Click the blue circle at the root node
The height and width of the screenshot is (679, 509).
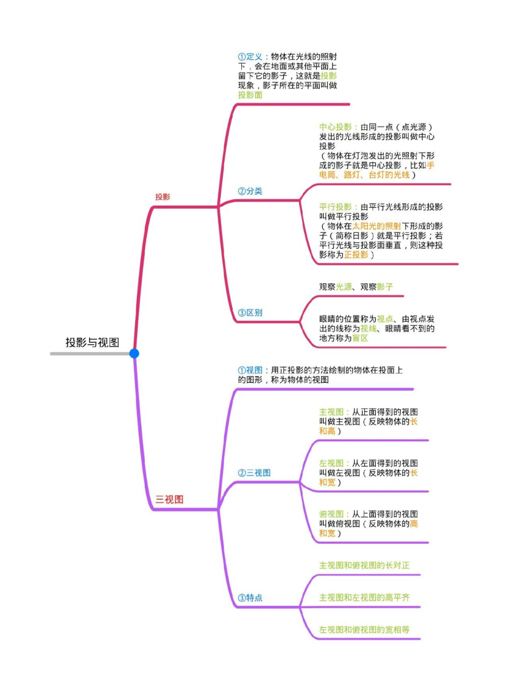(x=134, y=353)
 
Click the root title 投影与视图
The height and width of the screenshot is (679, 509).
(x=92, y=342)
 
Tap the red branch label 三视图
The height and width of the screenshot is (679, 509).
(x=169, y=499)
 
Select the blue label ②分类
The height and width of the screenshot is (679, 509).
(x=250, y=191)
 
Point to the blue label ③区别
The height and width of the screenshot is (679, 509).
(x=250, y=312)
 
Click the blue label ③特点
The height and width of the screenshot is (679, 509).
(x=250, y=598)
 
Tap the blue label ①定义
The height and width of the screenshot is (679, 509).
(x=250, y=57)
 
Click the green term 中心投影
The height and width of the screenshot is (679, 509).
(x=335, y=127)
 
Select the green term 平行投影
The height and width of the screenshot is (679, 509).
(x=335, y=207)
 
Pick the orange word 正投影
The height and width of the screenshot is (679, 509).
(x=356, y=255)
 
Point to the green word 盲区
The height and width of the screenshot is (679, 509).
(x=360, y=338)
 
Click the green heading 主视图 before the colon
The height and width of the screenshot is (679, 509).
(x=331, y=412)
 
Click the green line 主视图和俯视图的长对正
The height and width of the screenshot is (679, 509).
(x=364, y=565)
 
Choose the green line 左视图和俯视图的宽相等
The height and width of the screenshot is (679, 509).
(x=364, y=630)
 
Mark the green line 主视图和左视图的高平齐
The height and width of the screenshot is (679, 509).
(x=364, y=597)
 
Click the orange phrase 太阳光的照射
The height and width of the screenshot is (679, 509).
(x=377, y=226)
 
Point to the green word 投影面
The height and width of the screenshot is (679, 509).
(x=250, y=95)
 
